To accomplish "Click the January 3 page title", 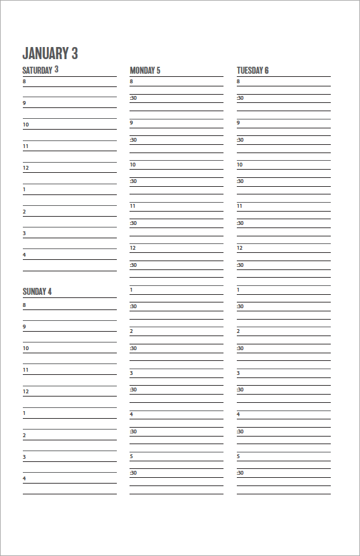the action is pos(50,53).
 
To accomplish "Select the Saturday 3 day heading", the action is pos(40,70).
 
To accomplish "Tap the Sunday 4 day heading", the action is pos(37,292).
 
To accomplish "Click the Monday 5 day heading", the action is pos(145,70).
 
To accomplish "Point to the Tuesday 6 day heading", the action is pos(253,70).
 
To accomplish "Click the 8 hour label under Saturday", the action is pos(25,81).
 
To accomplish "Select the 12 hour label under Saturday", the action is pos(26,168).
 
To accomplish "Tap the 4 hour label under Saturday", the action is pos(25,255).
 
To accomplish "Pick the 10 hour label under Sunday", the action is pos(26,348).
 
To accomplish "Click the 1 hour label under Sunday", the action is pos(25,414).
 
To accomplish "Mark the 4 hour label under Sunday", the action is pos(25,478).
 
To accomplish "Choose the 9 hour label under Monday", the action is pos(131,123).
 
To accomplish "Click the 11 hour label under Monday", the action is pos(133,206).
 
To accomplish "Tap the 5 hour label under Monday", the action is pos(131,456).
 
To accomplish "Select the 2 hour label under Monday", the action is pos(131,331).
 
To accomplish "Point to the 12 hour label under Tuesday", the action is pos(240,248).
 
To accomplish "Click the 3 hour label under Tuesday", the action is pos(239,373).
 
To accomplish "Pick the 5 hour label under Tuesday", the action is pos(239,456).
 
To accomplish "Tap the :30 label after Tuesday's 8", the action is pos(240,98).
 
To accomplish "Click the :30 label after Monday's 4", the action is pos(133,431).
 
